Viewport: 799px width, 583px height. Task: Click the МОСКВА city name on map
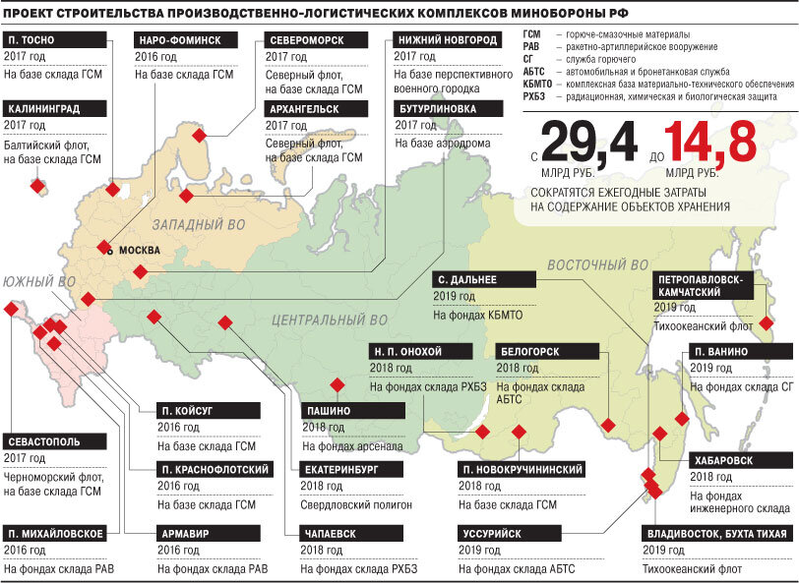point(138,250)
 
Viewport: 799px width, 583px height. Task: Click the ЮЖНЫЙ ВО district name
point(38,282)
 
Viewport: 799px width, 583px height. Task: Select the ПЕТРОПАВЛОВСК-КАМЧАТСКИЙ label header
point(707,285)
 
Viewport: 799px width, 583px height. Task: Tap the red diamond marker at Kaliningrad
point(39,185)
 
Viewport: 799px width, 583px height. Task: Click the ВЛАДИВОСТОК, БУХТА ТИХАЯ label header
point(715,534)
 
